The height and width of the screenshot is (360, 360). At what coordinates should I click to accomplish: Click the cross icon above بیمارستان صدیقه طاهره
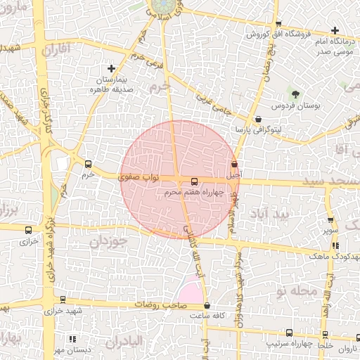112,68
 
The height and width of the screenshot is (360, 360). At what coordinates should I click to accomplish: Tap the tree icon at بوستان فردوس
296,95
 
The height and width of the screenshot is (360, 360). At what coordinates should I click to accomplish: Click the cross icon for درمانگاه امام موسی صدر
335,30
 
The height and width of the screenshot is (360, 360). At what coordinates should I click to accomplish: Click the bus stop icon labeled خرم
88,162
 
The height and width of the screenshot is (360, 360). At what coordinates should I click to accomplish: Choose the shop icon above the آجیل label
234,164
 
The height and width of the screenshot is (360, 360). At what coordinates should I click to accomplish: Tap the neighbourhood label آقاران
58,51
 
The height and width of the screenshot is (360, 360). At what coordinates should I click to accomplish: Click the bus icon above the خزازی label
28,230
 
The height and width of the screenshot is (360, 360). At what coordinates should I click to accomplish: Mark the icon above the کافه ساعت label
207,306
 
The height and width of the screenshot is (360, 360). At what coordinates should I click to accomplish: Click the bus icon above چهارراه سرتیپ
289,333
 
